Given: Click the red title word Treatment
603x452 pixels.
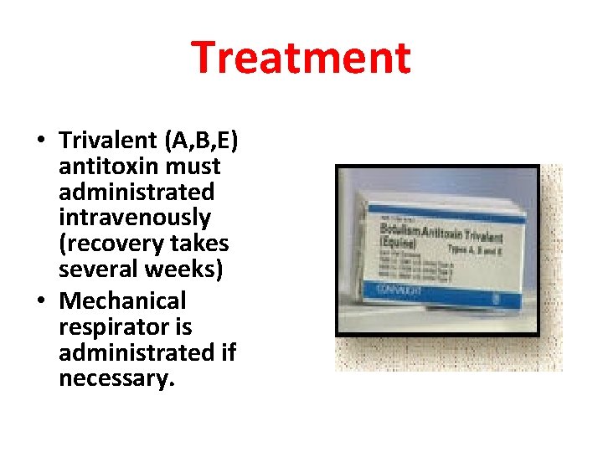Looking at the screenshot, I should click(x=301, y=58).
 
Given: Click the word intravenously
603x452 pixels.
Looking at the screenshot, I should click(x=134, y=218).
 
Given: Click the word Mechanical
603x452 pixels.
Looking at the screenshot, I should click(x=122, y=300).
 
